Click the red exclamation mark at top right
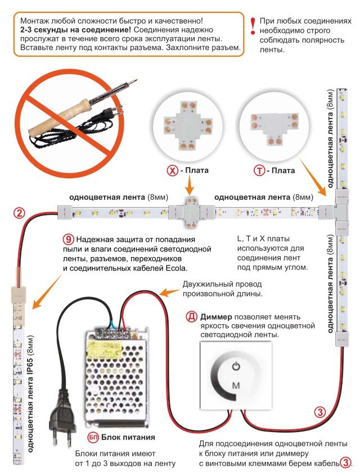click(x=252, y=24)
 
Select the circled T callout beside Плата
click(x=259, y=170)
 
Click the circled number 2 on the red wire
click(x=19, y=213)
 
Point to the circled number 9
click(x=69, y=238)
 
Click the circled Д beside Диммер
click(x=191, y=316)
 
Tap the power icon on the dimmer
click(x=236, y=367)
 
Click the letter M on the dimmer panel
click(x=236, y=385)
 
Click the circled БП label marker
click(x=93, y=437)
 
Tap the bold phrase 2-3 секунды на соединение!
click(x=66, y=29)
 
